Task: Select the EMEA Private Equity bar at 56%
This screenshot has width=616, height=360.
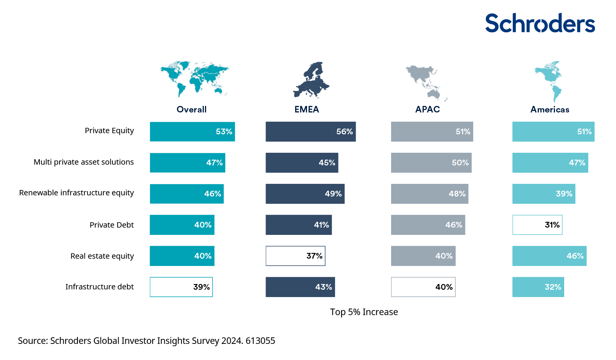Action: [x=310, y=132]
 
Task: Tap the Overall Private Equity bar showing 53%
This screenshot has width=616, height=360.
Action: [x=192, y=132]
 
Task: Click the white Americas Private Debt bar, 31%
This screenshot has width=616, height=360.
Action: [x=537, y=225]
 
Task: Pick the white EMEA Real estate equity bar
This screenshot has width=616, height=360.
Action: [x=295, y=256]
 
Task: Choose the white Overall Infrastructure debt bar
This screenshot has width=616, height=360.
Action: [x=181, y=287]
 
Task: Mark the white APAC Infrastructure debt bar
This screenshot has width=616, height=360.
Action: [x=423, y=287]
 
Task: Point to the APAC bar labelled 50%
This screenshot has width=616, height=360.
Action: [x=431, y=163]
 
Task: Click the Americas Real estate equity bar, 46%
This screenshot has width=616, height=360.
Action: [x=549, y=256]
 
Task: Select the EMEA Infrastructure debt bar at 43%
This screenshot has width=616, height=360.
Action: [x=300, y=287]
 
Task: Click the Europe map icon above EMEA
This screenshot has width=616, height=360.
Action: [x=311, y=79]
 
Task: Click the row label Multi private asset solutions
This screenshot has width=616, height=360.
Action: [x=84, y=162]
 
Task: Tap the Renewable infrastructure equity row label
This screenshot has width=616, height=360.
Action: [x=76, y=193]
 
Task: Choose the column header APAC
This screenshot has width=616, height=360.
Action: [x=428, y=109]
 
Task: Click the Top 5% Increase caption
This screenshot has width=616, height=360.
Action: [x=364, y=312]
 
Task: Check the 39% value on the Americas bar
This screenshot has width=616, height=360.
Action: [x=564, y=194]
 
